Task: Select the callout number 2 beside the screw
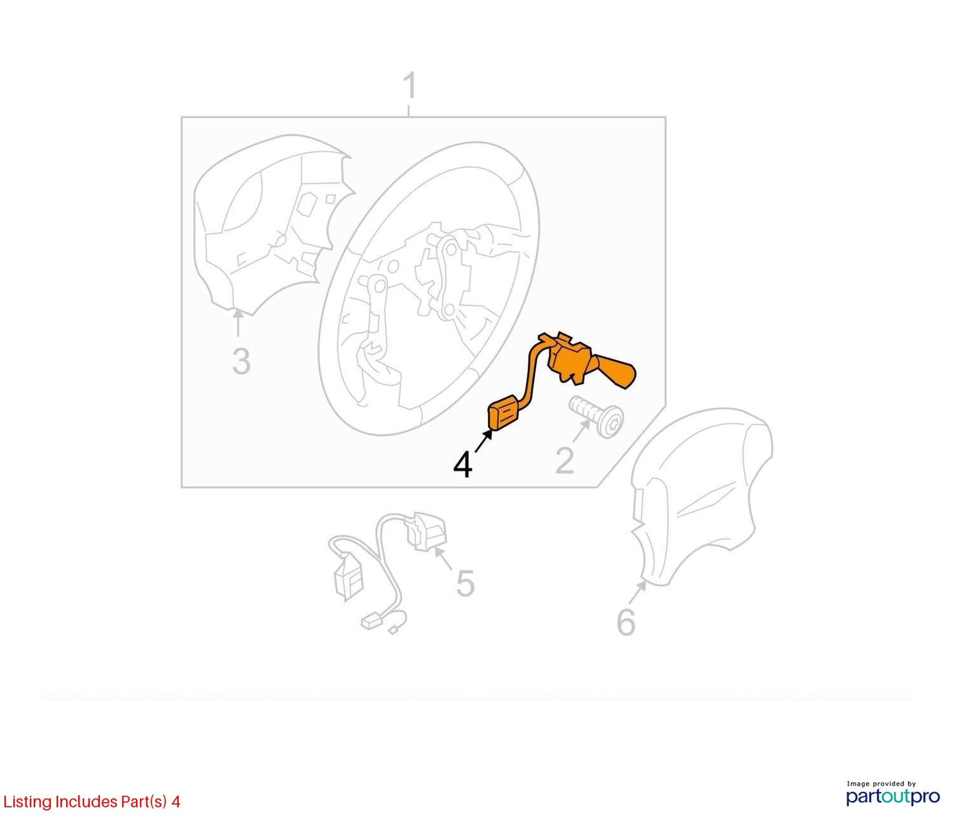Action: (x=564, y=460)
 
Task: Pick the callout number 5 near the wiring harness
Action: (x=465, y=583)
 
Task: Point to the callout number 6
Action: (x=626, y=621)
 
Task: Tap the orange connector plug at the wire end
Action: (x=503, y=416)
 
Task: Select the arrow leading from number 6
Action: (x=636, y=592)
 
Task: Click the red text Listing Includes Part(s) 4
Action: (x=91, y=802)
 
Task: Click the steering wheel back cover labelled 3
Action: (x=272, y=226)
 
